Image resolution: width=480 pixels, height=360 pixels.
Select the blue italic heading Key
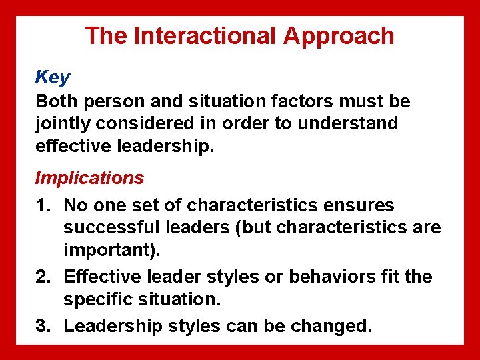52,77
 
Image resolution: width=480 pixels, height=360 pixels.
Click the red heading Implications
89,178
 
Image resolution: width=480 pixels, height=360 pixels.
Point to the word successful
111,228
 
